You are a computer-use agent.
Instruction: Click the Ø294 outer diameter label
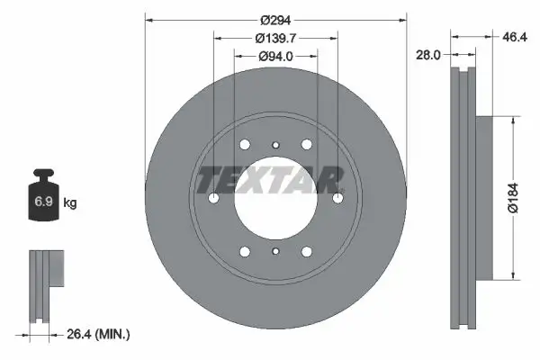[275, 20]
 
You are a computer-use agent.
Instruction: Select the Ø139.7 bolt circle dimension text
[275, 39]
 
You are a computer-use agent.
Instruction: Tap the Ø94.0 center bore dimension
[275, 57]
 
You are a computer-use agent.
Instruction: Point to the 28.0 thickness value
[427, 55]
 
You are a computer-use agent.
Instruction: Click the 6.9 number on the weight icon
[42, 202]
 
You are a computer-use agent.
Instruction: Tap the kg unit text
[70, 203]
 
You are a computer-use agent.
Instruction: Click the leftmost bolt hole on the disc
[213, 199]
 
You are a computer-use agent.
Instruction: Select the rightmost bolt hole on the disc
[337, 199]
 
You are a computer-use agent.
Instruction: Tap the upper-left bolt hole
[245, 145]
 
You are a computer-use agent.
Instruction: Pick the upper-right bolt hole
[307, 145]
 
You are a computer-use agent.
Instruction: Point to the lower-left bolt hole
[245, 252]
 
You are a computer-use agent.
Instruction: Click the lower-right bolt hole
[307, 252]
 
